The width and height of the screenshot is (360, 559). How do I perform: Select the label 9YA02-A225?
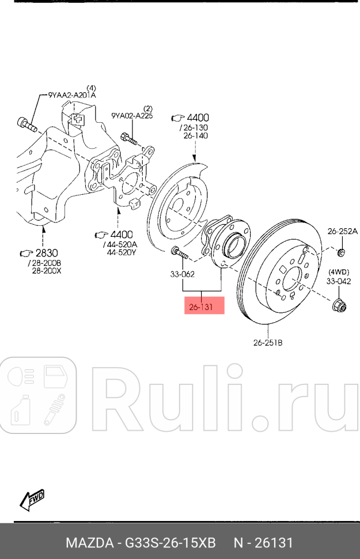(132, 116)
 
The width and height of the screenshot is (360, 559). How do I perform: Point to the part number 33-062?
(183, 275)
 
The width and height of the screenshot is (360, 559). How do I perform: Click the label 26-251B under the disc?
(268, 343)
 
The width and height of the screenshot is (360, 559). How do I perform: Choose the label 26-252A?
(343, 231)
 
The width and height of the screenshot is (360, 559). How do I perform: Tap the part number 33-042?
(339, 281)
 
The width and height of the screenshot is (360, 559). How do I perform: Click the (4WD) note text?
(339, 272)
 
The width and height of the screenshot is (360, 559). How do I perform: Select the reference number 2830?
(46, 253)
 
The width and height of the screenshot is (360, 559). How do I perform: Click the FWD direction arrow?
(32, 499)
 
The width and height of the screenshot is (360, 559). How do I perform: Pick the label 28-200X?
(46, 270)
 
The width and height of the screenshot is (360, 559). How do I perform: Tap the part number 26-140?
(195, 135)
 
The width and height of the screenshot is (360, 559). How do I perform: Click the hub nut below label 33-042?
(339, 304)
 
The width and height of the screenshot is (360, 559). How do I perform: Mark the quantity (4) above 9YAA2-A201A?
(91, 87)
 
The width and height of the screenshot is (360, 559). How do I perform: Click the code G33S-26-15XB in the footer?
(172, 543)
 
